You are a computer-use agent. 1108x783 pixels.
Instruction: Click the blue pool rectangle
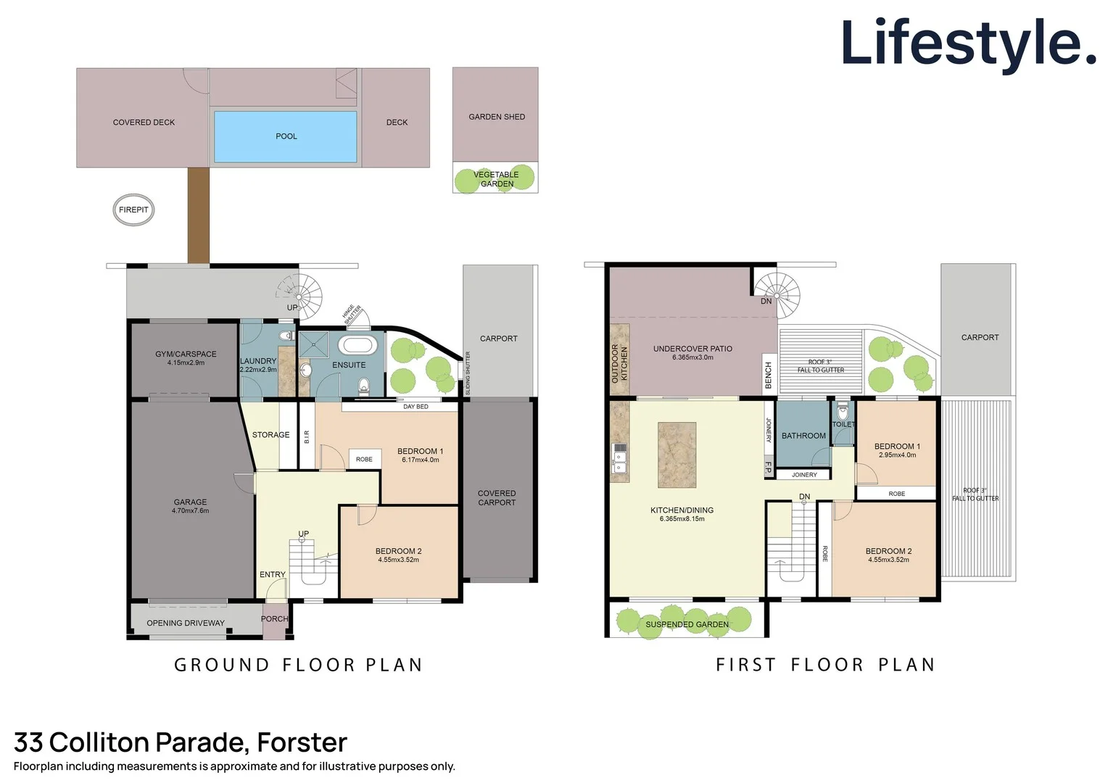point(286,136)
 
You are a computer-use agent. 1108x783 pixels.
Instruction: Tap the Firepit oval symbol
point(133,210)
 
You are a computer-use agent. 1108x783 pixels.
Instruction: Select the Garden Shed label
point(497,117)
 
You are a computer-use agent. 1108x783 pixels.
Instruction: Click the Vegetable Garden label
point(497,179)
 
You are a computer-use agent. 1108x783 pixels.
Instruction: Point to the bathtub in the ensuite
point(357,345)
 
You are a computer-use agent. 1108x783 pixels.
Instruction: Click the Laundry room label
point(258,361)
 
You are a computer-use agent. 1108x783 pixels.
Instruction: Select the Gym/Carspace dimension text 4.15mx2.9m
point(186,363)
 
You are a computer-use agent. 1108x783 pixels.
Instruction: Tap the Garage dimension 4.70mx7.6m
point(190,511)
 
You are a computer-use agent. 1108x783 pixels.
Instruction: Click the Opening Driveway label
point(186,623)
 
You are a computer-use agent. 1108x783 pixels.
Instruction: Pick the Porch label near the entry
point(274,619)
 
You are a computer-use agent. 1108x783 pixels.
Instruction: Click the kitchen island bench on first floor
point(677,455)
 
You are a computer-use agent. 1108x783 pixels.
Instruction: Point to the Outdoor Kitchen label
point(619,363)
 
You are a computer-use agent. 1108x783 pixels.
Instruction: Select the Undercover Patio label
point(692,349)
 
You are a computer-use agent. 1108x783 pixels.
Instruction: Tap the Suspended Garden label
point(687,624)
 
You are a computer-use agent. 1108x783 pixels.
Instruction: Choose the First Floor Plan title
point(825,665)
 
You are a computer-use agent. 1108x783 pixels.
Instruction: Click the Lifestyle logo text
point(968,43)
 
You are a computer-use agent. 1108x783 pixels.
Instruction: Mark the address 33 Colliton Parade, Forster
point(181,742)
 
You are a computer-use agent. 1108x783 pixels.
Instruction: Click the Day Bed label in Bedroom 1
point(415,407)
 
